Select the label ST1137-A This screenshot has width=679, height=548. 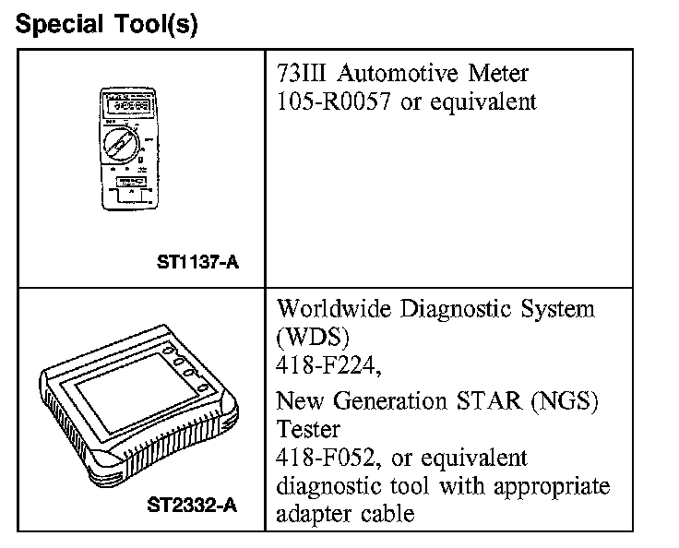[x=198, y=263]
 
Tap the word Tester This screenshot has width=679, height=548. [x=308, y=429]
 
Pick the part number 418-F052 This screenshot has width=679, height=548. [x=327, y=458]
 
